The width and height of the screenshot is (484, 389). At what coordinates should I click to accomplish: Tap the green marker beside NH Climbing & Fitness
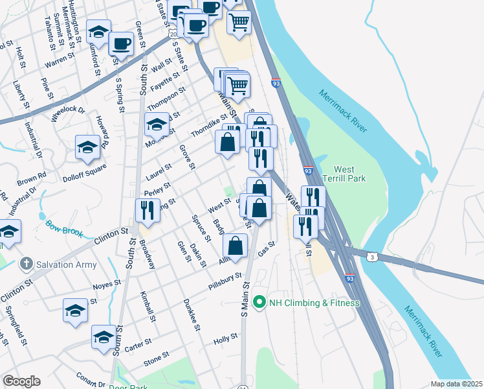(259, 303)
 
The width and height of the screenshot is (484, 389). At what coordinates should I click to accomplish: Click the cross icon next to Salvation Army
(25, 264)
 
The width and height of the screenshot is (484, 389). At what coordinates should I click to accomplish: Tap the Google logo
(21, 381)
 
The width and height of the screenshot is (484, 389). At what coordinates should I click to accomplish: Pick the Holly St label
(226, 339)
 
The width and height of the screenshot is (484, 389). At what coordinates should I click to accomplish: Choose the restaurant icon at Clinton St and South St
(147, 211)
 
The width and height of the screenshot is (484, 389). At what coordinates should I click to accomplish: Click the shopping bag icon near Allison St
(236, 246)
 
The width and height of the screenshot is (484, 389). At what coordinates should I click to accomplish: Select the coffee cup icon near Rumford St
(120, 44)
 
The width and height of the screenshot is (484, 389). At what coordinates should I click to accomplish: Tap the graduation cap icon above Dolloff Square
(87, 147)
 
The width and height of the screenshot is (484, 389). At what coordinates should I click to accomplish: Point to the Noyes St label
(107, 283)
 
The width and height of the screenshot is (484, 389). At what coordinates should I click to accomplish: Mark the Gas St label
(267, 248)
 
